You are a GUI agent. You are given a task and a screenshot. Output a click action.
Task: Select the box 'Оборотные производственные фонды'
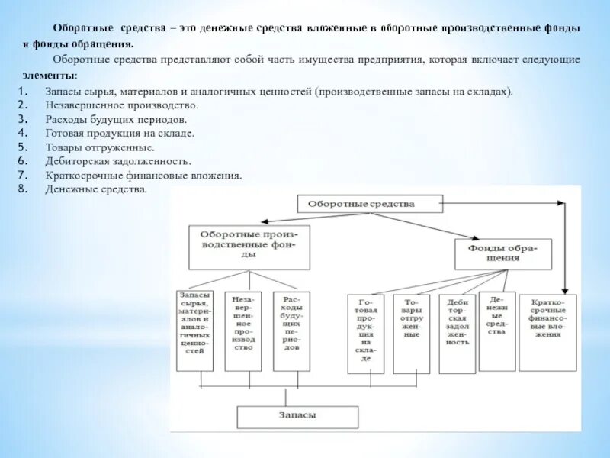coord(249,246)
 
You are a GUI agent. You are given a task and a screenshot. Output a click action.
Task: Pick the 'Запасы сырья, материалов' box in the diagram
coord(194,331)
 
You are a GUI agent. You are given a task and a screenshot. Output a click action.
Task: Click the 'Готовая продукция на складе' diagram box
coord(365,334)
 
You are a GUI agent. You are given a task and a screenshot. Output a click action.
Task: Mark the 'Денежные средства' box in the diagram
coord(496,321)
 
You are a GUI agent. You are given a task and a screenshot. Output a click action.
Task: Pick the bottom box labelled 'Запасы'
coord(297,416)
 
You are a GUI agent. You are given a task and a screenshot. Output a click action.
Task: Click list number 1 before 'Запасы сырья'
coord(23,92)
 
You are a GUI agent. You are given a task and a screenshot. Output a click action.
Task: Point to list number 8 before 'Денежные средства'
coord(23,189)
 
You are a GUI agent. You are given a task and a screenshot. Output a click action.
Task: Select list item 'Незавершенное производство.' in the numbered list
coord(121,105)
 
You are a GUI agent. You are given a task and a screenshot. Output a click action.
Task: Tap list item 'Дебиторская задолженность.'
coord(118,161)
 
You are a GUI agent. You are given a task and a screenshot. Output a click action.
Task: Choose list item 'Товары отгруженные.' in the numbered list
coord(99,147)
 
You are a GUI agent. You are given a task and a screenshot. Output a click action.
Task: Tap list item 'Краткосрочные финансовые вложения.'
coord(143,175)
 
